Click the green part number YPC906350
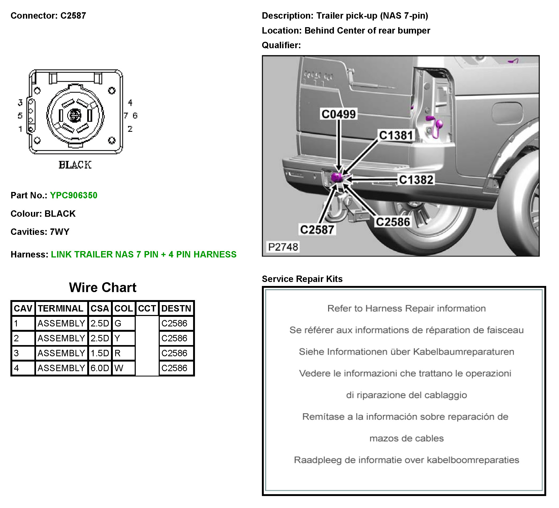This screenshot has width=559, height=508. (74, 195)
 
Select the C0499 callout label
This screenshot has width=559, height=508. (338, 114)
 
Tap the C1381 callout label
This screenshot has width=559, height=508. (396, 135)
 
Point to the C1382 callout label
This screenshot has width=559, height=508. (416, 180)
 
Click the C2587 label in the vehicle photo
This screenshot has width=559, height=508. (317, 230)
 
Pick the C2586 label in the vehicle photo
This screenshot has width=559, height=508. (393, 222)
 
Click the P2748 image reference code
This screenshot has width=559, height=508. (283, 247)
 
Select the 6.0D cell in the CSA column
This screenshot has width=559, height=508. (99, 368)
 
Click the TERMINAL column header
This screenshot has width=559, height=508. (61, 308)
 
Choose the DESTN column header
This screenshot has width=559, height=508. (176, 308)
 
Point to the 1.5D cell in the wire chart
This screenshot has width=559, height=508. (99, 353)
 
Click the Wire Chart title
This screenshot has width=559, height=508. (103, 288)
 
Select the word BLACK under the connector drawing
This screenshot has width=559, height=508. (75, 165)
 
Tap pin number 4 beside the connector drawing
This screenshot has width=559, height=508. (130, 103)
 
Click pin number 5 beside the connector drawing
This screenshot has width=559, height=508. (20, 116)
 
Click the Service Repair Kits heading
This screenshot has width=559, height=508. (302, 279)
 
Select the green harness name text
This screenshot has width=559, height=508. (144, 255)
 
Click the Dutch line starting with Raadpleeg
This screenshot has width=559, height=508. (406, 460)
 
